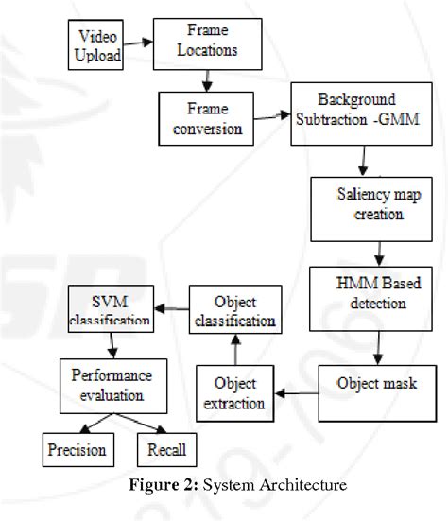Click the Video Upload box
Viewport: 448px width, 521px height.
pyautogui.click(x=95, y=44)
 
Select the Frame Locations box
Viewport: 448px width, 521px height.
pyautogui.click(x=208, y=43)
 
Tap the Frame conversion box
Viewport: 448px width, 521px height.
pyautogui.click(x=206, y=118)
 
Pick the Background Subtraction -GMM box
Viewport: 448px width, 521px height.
pyautogui.click(x=362, y=114)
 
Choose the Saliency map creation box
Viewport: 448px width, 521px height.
pyautogui.click(x=371, y=209)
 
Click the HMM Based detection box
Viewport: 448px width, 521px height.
pyautogui.click(x=370, y=299)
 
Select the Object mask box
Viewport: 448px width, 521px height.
pyautogui.click(x=377, y=393)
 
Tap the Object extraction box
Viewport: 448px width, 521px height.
pyautogui.click(x=235, y=393)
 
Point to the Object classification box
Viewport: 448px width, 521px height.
pyautogui.click(x=235, y=309)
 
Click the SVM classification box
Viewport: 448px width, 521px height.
pyautogui.click(x=111, y=308)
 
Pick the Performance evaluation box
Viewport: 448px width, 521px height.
pyautogui.click(x=113, y=386)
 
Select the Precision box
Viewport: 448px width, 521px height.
pyautogui.click(x=78, y=450)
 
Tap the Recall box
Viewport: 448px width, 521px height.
pyautogui.click(x=166, y=450)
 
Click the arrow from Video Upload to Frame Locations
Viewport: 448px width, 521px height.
pyautogui.click(x=138, y=43)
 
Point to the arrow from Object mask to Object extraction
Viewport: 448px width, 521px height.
pyautogui.click(x=297, y=393)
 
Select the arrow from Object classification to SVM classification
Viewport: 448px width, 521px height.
pyautogui.click(x=172, y=309)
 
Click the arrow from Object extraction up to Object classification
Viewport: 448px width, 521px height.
pyautogui.click(x=235, y=350)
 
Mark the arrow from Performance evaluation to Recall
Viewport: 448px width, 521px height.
pyautogui.click(x=140, y=424)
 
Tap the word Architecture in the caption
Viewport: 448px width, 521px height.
pyautogui.click(x=303, y=485)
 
